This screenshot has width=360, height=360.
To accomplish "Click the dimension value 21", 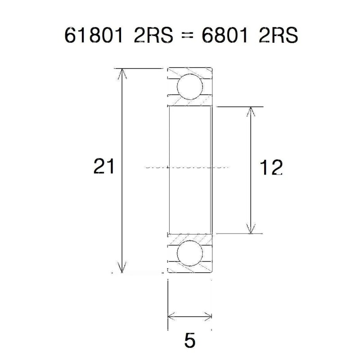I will pos(103,166).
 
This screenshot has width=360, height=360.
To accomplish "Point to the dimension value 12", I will pos(271,167).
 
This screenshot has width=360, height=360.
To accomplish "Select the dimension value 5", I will pos(190,341).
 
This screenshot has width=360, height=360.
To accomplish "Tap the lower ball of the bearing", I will pos(189,253).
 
